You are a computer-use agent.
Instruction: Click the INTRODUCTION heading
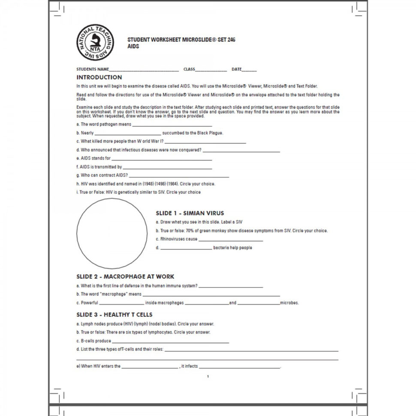tap(99, 78)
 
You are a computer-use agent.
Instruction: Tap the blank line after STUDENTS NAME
tap(144, 70)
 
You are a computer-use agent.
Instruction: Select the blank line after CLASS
tap(211, 70)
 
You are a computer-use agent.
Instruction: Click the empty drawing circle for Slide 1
tap(112, 234)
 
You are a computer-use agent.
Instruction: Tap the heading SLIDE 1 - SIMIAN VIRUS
tap(190, 213)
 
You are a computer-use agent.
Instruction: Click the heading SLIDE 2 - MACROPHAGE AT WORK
tap(125, 277)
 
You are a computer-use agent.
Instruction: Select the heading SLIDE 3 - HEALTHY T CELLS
tap(115, 315)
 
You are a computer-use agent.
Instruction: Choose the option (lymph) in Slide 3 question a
tap(140, 324)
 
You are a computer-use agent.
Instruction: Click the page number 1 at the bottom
tap(208, 377)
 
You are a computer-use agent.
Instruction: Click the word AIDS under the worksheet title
tap(133, 46)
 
